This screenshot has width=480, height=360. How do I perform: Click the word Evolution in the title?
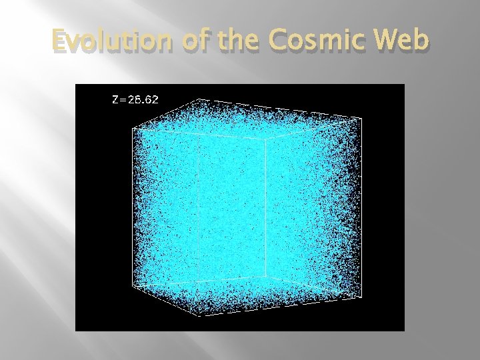coord(106,41)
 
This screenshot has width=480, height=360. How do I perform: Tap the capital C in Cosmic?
coord(276,41)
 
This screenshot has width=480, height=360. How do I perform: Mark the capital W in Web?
coord(384,41)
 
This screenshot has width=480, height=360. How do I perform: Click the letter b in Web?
coord(419,41)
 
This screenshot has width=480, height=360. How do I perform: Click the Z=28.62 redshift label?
coord(135,100)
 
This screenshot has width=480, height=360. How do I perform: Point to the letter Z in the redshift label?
coord(115,100)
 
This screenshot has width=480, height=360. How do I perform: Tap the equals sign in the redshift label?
coord(122,100)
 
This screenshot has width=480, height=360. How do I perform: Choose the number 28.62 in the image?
coord(143,100)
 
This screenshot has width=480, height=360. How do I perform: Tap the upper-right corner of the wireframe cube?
coord(362,119)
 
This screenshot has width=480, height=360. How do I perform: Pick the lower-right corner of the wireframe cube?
coord(362,297)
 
